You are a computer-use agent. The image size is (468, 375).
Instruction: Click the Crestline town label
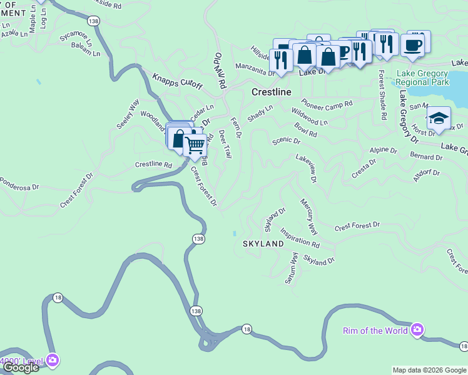point(271,92)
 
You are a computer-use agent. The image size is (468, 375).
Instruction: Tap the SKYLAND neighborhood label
point(263,244)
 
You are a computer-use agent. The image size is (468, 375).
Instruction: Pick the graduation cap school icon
point(439,118)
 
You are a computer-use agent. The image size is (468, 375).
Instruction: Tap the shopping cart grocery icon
point(195,144)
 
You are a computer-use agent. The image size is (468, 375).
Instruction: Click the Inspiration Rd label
point(300,237)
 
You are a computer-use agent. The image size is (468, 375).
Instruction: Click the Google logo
point(21,367)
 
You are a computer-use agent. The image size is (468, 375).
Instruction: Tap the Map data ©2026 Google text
point(429,370)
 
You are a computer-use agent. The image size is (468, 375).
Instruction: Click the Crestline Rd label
point(153,164)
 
